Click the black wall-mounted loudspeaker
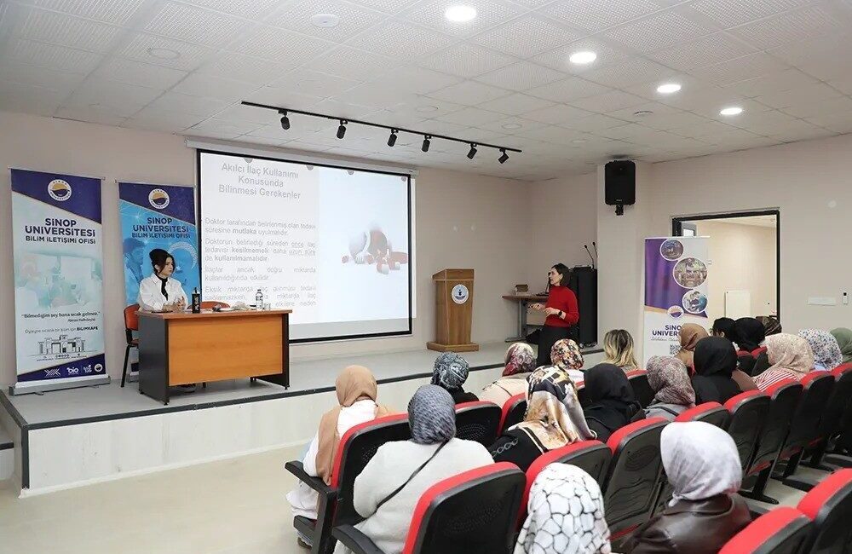619,182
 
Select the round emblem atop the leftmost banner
59,190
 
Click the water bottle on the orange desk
259,299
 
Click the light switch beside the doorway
820,301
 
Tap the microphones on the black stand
589,252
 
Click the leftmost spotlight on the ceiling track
285,121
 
